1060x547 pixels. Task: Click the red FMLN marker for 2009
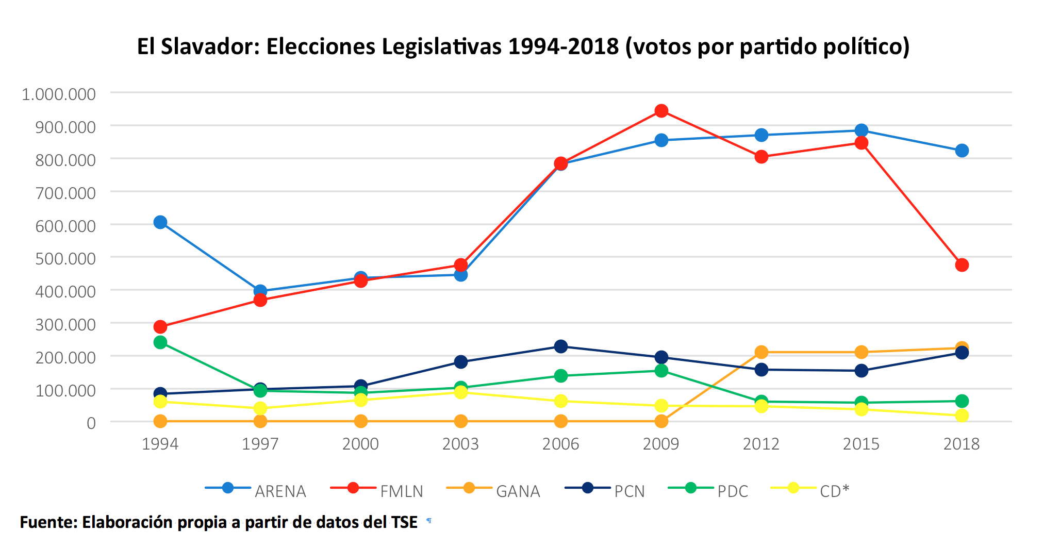(661, 111)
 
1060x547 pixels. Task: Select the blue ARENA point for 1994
(160, 222)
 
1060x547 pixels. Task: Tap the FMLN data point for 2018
(962, 265)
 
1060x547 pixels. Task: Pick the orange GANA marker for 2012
(761, 352)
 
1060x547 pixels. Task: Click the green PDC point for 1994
(160, 342)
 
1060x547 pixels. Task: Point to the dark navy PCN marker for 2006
(561, 346)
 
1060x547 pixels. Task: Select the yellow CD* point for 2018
(962, 416)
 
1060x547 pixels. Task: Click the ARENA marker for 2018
(962, 151)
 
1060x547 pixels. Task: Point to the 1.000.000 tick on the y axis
(59, 94)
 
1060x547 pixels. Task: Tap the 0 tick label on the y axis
(91, 423)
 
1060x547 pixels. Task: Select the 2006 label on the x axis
(561, 444)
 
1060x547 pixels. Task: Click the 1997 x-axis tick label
(260, 444)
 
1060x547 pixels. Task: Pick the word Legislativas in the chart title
(441, 47)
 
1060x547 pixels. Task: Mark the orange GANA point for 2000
(361, 421)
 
